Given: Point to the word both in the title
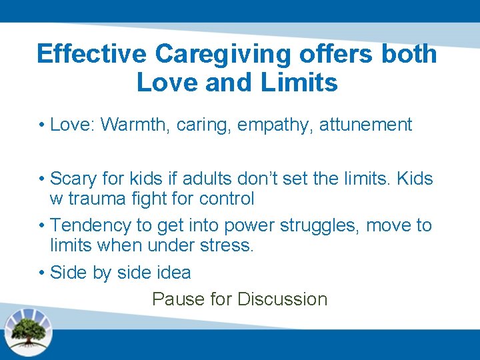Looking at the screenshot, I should [x=409, y=53].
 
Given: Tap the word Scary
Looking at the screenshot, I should [x=73, y=179].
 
